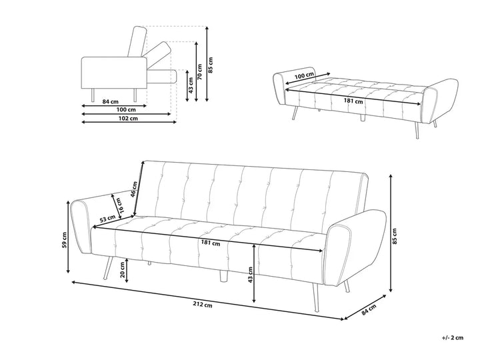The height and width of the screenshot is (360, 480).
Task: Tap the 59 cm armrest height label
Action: [x=65, y=240]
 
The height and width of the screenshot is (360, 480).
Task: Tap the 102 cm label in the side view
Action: [x=129, y=119]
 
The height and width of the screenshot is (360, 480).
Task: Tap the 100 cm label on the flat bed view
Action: [x=304, y=76]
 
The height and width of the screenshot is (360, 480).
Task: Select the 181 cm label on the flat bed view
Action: [x=353, y=101]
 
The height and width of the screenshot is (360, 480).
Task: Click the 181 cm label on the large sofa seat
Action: [x=211, y=243]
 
